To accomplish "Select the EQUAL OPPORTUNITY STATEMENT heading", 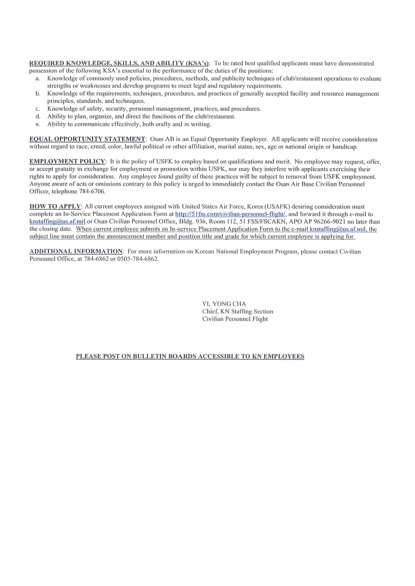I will coord(87,139).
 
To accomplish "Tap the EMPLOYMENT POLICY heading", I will coord(67,162).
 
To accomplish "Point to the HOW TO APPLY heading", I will coord(56,207).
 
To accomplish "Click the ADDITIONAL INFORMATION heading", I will coord(76,251).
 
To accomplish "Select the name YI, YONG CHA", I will coord(224,304).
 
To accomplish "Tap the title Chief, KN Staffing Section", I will coord(237,311).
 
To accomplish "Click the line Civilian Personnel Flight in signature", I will coord(235,319).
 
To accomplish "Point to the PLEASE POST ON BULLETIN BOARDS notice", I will coord(190,356).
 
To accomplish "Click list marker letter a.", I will coord(38,79).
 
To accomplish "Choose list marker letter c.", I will coord(38,109).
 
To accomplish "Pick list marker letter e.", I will coord(38,124).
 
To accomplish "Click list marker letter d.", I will coord(38,117).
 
